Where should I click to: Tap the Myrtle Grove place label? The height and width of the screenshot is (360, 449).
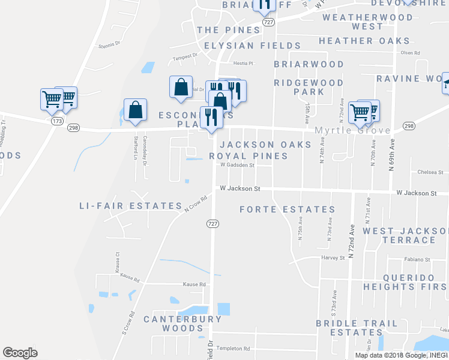coord(353,130)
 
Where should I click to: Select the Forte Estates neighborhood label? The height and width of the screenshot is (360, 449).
coord(287,209)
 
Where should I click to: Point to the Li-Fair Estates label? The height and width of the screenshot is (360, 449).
coord(130,206)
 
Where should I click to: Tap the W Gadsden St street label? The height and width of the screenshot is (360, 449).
coord(237,165)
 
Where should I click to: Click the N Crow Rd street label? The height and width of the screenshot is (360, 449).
coord(196,201)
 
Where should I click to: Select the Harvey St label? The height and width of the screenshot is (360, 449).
coord(333,258)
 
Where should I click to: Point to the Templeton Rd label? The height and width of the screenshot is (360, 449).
coord(234,349)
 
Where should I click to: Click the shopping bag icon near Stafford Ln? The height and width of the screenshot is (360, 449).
coord(136,110)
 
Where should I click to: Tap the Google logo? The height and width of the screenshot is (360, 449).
coord(20,353)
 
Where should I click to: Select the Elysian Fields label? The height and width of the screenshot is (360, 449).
coord(252,46)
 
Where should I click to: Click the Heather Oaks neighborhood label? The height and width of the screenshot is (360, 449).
coord(364,41)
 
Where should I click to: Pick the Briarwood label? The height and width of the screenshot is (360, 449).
coord(309,64)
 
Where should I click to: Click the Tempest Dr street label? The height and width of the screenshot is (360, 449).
coord(185,56)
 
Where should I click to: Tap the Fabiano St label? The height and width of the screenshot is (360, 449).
coord(417,260)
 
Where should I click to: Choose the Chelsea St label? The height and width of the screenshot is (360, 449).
coord(429,172)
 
